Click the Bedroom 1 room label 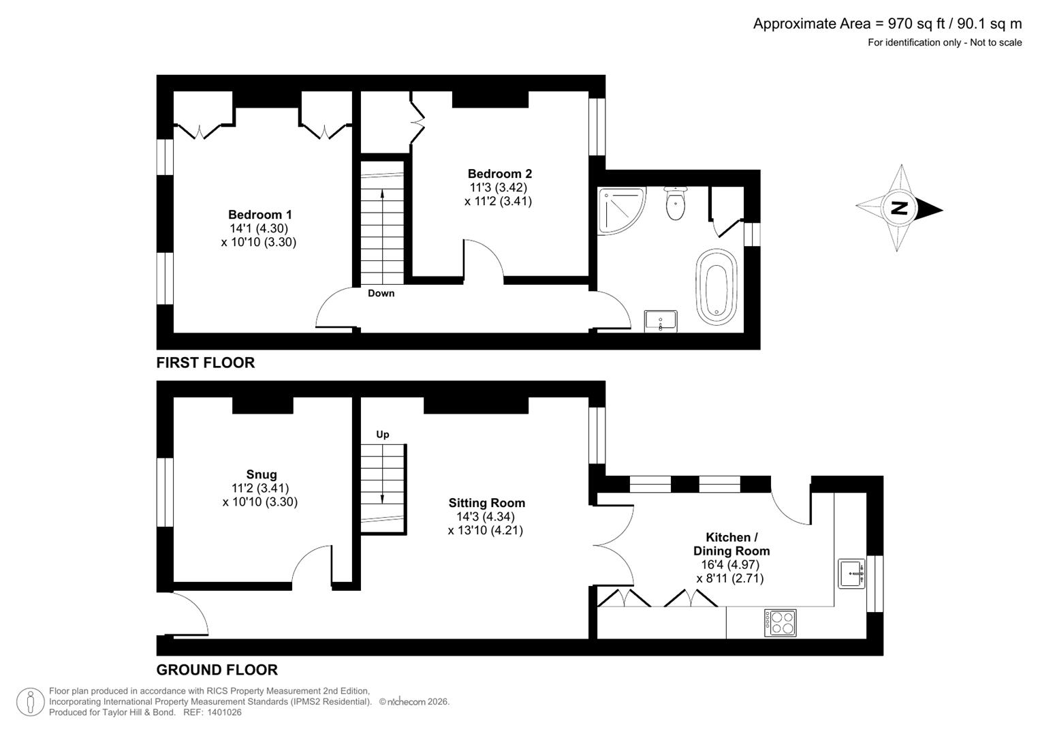(259, 215)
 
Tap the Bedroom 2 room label (499, 174)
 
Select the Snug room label (262, 474)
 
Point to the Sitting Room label (486, 503)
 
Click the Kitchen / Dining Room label (731, 544)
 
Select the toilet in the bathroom (676, 202)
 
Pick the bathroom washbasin (660, 320)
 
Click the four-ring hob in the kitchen (780, 622)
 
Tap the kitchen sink (851, 573)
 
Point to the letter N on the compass (900, 209)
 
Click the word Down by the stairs (381, 293)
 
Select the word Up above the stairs (382, 434)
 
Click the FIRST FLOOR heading (205, 363)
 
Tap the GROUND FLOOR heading (217, 669)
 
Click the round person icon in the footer (30, 702)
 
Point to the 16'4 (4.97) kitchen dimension (730, 564)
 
